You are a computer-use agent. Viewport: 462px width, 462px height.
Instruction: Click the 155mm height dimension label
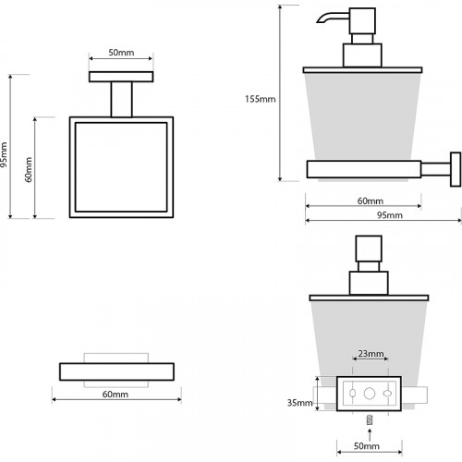click(261, 99)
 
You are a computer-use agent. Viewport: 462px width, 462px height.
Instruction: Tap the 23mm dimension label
click(371, 353)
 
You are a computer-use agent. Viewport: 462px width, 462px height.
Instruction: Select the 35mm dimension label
click(299, 403)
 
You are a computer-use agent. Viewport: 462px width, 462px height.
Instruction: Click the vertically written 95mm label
click(4, 154)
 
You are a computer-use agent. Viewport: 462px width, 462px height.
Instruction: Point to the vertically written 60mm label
click(29, 170)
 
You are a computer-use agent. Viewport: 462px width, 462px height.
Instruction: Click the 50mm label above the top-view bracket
click(121, 53)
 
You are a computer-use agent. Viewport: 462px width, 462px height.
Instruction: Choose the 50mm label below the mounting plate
click(367, 445)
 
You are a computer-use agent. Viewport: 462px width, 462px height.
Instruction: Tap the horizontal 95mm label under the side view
click(390, 215)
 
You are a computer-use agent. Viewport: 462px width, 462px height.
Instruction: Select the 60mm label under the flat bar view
click(115, 394)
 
